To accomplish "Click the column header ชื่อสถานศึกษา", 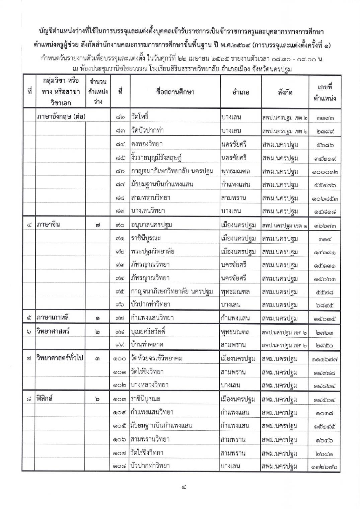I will click(175, 92).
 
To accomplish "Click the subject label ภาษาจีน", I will click(48, 225).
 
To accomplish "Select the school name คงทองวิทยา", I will click(147, 144).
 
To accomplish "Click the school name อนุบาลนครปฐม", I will click(151, 225).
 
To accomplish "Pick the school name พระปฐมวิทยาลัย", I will click(153, 251).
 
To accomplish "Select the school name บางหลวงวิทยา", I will click(150, 385).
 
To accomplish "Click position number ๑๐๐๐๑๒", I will click(325, 172).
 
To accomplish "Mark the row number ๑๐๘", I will click(119, 466).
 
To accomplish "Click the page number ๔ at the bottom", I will click(184, 487).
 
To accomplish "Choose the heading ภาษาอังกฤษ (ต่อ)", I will click(61, 117).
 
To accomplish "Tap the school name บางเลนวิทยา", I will click(148, 211).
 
